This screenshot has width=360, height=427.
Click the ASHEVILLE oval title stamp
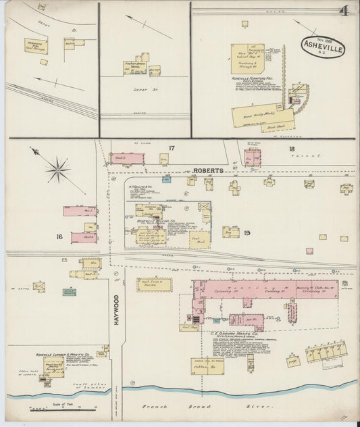coord(324,46)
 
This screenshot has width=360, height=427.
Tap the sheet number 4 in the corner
coord(344,11)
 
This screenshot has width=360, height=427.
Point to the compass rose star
coord(59,169)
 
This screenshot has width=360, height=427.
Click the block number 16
coord(59,236)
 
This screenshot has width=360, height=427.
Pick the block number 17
coord(172,148)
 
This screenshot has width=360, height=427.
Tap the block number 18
coord(290,149)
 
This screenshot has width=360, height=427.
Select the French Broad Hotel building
coord(136,66)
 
